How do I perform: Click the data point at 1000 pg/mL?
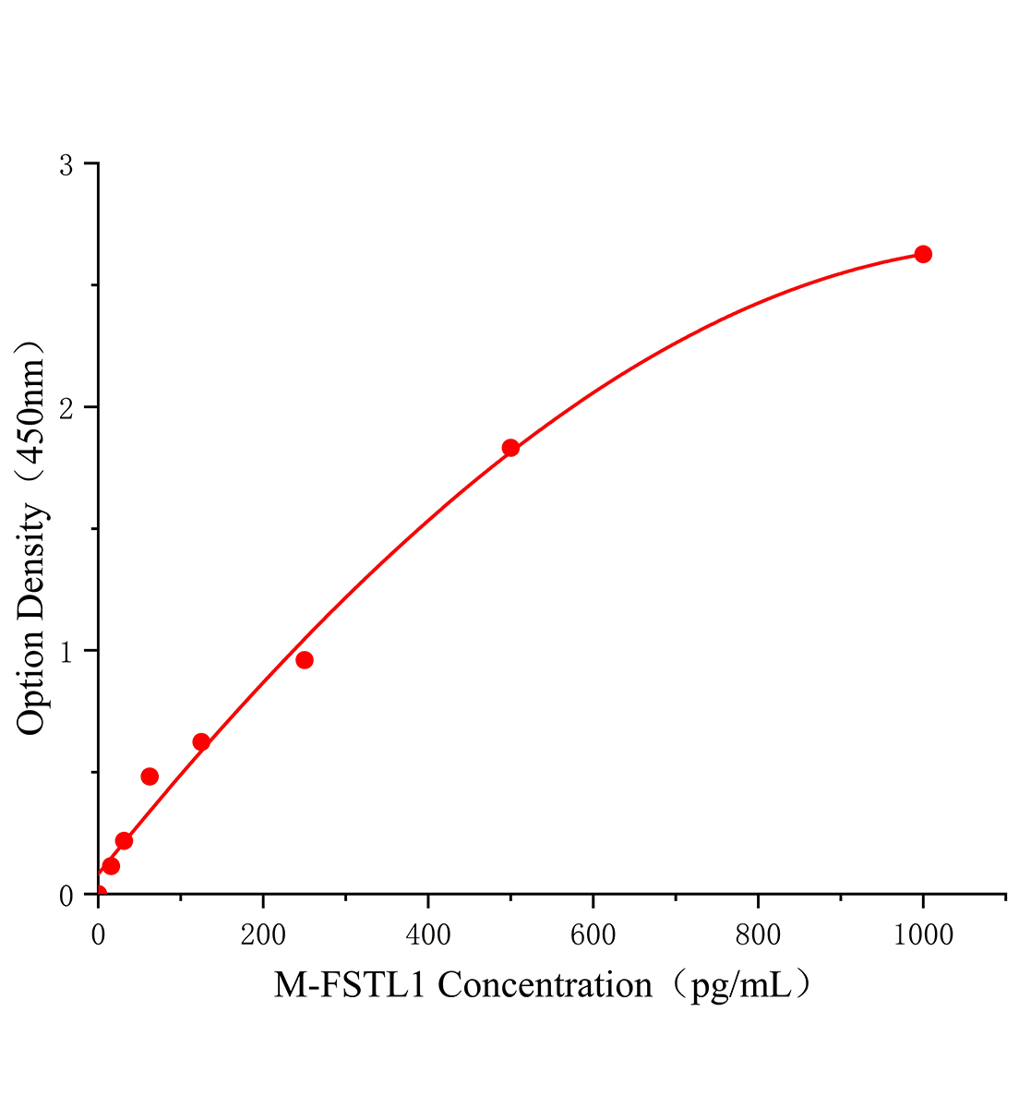tap(922, 254)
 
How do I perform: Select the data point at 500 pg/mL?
tap(510, 448)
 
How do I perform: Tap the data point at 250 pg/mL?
tap(305, 659)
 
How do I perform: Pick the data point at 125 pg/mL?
tap(201, 741)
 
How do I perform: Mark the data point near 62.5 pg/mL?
tap(150, 777)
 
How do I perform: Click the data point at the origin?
tap(99, 894)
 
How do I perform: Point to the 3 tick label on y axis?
tap(66, 165)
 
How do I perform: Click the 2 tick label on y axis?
tap(66, 408)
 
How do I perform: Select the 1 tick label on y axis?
tap(66, 651)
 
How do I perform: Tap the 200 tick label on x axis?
tap(263, 935)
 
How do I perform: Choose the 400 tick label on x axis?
tap(428, 935)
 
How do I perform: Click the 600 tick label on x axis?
tap(593, 935)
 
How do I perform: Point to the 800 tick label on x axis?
tap(758, 935)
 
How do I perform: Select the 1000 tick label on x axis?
tap(923, 935)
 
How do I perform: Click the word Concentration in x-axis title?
tap(545, 986)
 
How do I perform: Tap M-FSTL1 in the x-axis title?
tap(351, 986)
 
